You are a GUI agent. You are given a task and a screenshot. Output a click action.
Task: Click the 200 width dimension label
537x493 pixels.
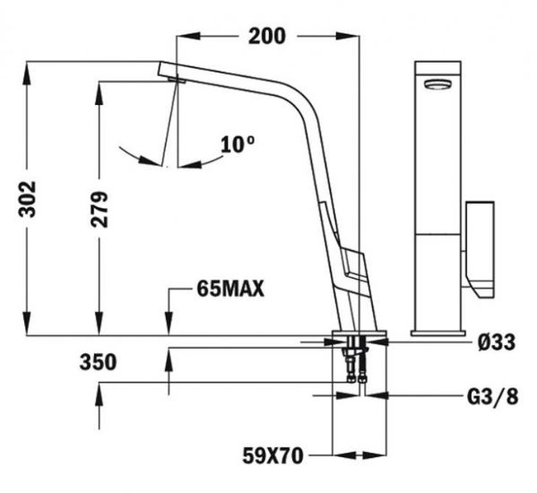click(x=267, y=36)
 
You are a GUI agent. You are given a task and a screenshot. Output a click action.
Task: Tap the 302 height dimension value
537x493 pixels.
click(x=27, y=199)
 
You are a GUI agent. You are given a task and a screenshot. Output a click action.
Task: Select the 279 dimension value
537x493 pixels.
click(x=100, y=210)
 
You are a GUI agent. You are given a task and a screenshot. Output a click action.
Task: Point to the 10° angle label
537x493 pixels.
click(x=238, y=144)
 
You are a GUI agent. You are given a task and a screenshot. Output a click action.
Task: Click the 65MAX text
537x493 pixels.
click(x=230, y=289)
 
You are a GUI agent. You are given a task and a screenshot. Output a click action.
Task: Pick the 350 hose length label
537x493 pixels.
click(x=98, y=362)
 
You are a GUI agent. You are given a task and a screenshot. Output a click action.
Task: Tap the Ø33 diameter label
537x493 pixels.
click(x=497, y=342)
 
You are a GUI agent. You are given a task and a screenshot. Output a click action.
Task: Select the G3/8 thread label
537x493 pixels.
click(x=493, y=397)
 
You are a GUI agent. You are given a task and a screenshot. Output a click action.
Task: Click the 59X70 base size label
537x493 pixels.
click(x=273, y=455)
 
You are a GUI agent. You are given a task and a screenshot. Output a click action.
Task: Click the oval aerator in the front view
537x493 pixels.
click(x=437, y=84)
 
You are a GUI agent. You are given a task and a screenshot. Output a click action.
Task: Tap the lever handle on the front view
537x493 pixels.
click(x=480, y=249)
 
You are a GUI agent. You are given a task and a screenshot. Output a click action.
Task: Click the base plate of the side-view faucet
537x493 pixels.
click(x=359, y=333)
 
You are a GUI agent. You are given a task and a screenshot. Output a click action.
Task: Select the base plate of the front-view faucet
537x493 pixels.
click(x=438, y=333)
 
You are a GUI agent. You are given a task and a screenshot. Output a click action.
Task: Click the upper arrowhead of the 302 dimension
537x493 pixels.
click(x=27, y=73)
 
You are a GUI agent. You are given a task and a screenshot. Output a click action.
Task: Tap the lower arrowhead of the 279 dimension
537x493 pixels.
click(x=100, y=324)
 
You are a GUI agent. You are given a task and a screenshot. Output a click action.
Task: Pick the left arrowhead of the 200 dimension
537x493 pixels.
click(x=188, y=36)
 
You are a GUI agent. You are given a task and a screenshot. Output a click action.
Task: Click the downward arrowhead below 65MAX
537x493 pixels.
click(x=169, y=324)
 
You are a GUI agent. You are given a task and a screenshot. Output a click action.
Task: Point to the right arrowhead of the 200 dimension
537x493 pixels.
click(x=348, y=36)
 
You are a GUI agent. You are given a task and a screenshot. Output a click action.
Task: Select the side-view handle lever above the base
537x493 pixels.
click(x=352, y=264)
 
